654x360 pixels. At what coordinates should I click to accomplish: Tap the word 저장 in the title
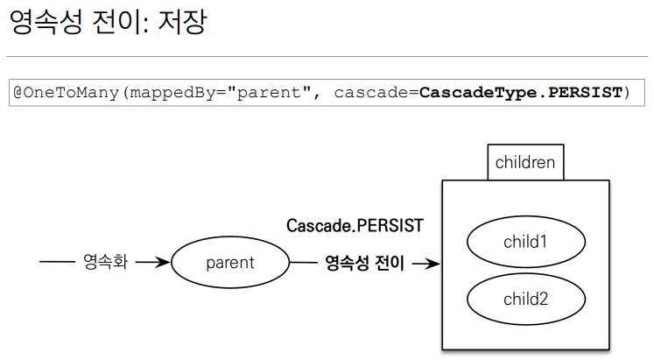pyautogui.click(x=181, y=22)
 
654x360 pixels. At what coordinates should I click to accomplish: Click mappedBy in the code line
pyautogui.click(x=164, y=92)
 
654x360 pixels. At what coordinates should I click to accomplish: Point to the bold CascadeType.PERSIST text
pyautogui.click(x=521, y=92)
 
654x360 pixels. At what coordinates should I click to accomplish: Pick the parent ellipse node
pyautogui.click(x=229, y=262)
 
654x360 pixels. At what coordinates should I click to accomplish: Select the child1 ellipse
pyautogui.click(x=525, y=240)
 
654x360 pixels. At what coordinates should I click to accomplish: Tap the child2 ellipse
pyautogui.click(x=525, y=299)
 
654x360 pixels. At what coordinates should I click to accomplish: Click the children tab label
pyautogui.click(x=525, y=162)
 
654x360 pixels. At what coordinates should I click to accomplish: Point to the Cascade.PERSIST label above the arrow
pyautogui.click(x=355, y=226)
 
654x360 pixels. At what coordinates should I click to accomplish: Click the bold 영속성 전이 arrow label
pyautogui.click(x=364, y=262)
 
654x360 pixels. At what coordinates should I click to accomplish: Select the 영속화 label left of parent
pyautogui.click(x=105, y=262)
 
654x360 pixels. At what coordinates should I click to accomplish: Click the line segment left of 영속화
pyautogui.click(x=58, y=262)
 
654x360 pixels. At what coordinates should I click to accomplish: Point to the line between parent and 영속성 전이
pyautogui.click(x=303, y=262)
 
